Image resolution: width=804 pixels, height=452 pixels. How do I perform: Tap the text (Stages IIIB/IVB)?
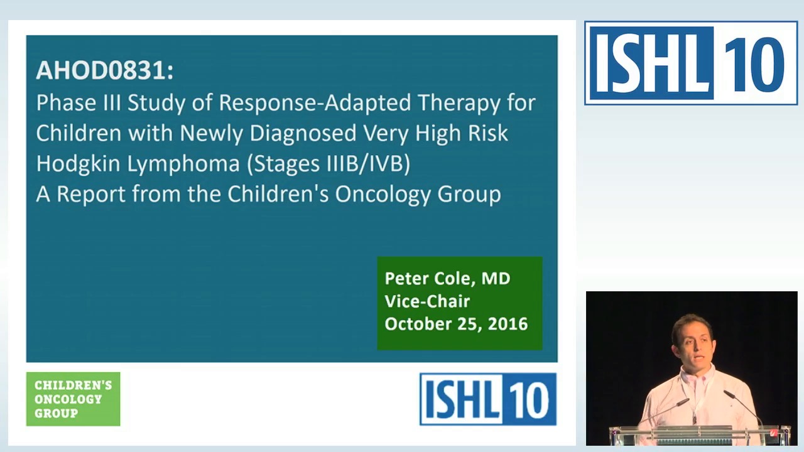pyautogui.click(x=329, y=164)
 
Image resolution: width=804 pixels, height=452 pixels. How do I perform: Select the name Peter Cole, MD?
pyautogui.click(x=447, y=278)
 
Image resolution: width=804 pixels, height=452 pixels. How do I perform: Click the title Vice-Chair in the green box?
pyautogui.click(x=427, y=301)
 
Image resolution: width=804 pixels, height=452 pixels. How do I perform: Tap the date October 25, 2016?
pyautogui.click(x=456, y=324)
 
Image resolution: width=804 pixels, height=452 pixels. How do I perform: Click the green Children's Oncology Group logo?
pyautogui.click(x=73, y=399)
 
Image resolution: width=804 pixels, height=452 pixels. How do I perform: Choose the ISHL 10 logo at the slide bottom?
pyautogui.click(x=487, y=399)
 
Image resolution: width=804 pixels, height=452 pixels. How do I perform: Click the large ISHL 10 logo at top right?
pyautogui.click(x=690, y=63)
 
